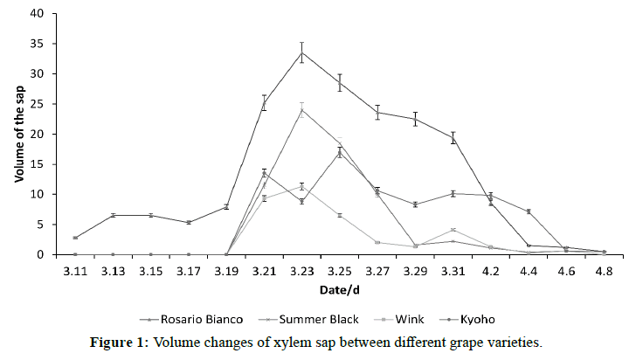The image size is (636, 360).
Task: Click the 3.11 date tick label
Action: pyautogui.click(x=75, y=272)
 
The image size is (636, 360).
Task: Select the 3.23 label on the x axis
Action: pyautogui.click(x=301, y=272)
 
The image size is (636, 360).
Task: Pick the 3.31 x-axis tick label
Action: pyautogui.click(x=453, y=272)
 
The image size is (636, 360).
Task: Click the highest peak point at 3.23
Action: pyautogui.click(x=301, y=52)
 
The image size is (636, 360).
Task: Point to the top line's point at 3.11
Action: pyautogui.click(x=75, y=238)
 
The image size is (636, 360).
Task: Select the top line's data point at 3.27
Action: pyautogui.click(x=377, y=112)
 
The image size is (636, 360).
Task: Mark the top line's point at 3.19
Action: pyautogui.click(x=226, y=207)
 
